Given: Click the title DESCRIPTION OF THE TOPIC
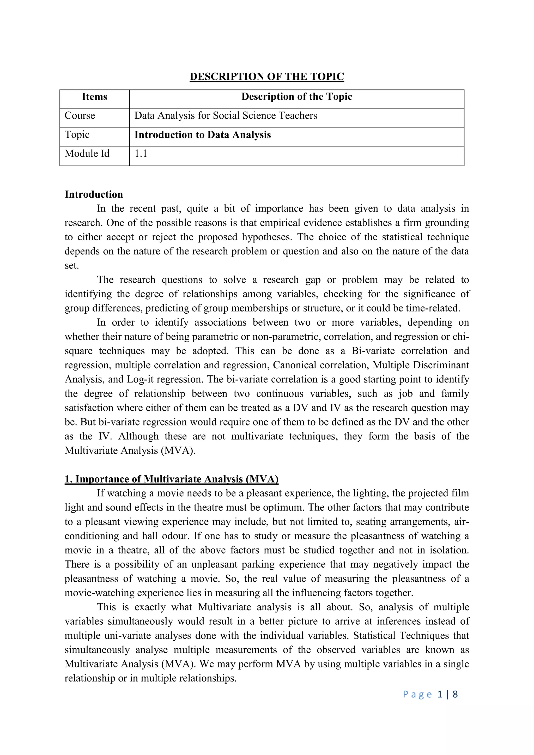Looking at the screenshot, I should tap(267, 77).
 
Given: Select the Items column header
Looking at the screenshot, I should tap(94, 97).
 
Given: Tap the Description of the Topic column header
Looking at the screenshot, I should tap(296, 97).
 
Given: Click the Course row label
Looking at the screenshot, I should tap(80, 116).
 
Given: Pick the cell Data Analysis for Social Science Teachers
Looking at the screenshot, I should tap(226, 116).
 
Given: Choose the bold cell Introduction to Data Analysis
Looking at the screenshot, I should tap(203, 135).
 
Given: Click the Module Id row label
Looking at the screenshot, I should tap(87, 154).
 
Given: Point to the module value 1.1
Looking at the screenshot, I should tap(141, 154).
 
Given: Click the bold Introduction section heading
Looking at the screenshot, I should tap(94, 194).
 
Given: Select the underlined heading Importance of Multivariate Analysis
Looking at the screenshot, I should tap(172, 479).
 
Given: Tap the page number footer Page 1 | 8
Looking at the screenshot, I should tap(430, 694).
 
